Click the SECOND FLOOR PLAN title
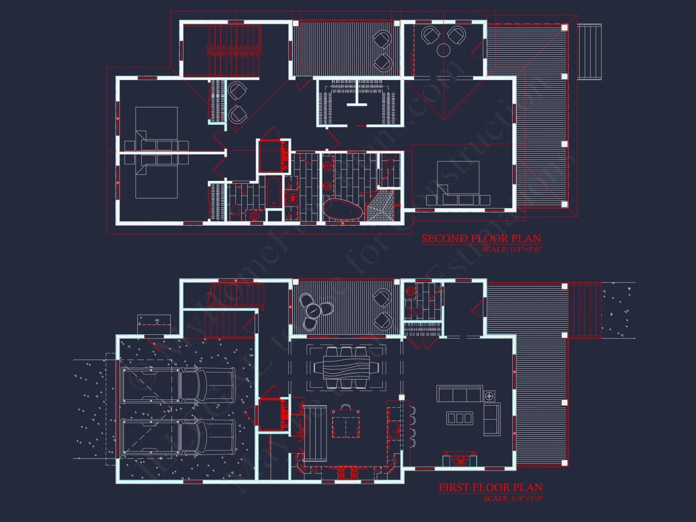[481, 239]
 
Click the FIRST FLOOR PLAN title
[490, 488]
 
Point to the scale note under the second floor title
[512, 250]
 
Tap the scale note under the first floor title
[513, 498]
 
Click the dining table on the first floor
[346, 367]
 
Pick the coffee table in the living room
[460, 418]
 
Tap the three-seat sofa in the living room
[459, 394]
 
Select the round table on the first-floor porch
[313, 311]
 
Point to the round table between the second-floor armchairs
[443, 50]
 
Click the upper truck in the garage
[177, 385]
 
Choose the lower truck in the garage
[177, 437]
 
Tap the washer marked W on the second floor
[293, 198]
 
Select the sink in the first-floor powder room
[411, 291]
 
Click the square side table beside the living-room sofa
[489, 396]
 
